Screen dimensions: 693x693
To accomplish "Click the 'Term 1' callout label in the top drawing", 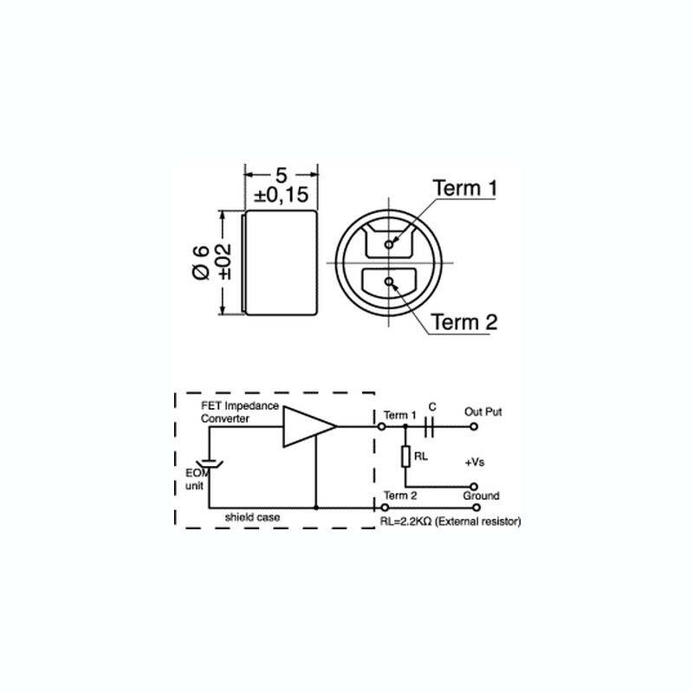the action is [464, 188].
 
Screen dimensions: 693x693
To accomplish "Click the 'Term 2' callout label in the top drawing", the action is [464, 321].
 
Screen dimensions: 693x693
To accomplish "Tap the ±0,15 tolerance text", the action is [281, 195].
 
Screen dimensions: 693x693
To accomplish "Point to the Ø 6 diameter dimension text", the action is [201, 262].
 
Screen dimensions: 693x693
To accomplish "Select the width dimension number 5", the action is [281, 175].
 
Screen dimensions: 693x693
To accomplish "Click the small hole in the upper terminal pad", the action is [388, 244].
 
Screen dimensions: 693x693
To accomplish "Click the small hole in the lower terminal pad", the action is [389, 282].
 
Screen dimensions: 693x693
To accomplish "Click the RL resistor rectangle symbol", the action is [405, 457].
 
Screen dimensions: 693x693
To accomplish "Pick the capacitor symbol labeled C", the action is [429, 427].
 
